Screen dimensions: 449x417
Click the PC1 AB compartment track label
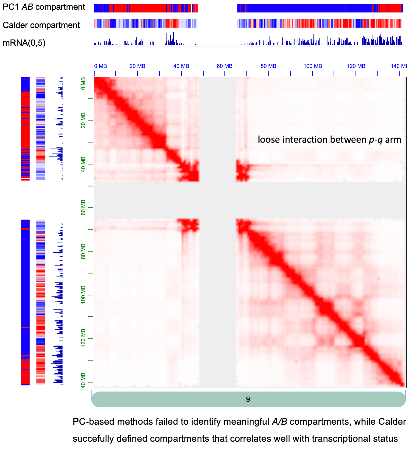(44, 7)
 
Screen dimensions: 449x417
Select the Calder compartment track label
(41, 25)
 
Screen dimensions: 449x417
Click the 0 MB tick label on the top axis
(100, 66)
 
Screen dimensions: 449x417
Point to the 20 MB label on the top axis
(137, 66)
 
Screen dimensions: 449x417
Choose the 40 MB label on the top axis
(181, 66)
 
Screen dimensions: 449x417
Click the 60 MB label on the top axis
(225, 66)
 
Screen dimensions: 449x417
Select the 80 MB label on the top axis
(268, 66)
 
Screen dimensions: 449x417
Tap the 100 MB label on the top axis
(313, 66)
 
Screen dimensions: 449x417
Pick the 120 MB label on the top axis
(356, 66)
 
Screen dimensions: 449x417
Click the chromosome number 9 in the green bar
(248, 399)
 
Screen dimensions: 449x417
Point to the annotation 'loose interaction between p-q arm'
(329, 140)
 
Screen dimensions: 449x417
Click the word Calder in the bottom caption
(392, 422)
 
